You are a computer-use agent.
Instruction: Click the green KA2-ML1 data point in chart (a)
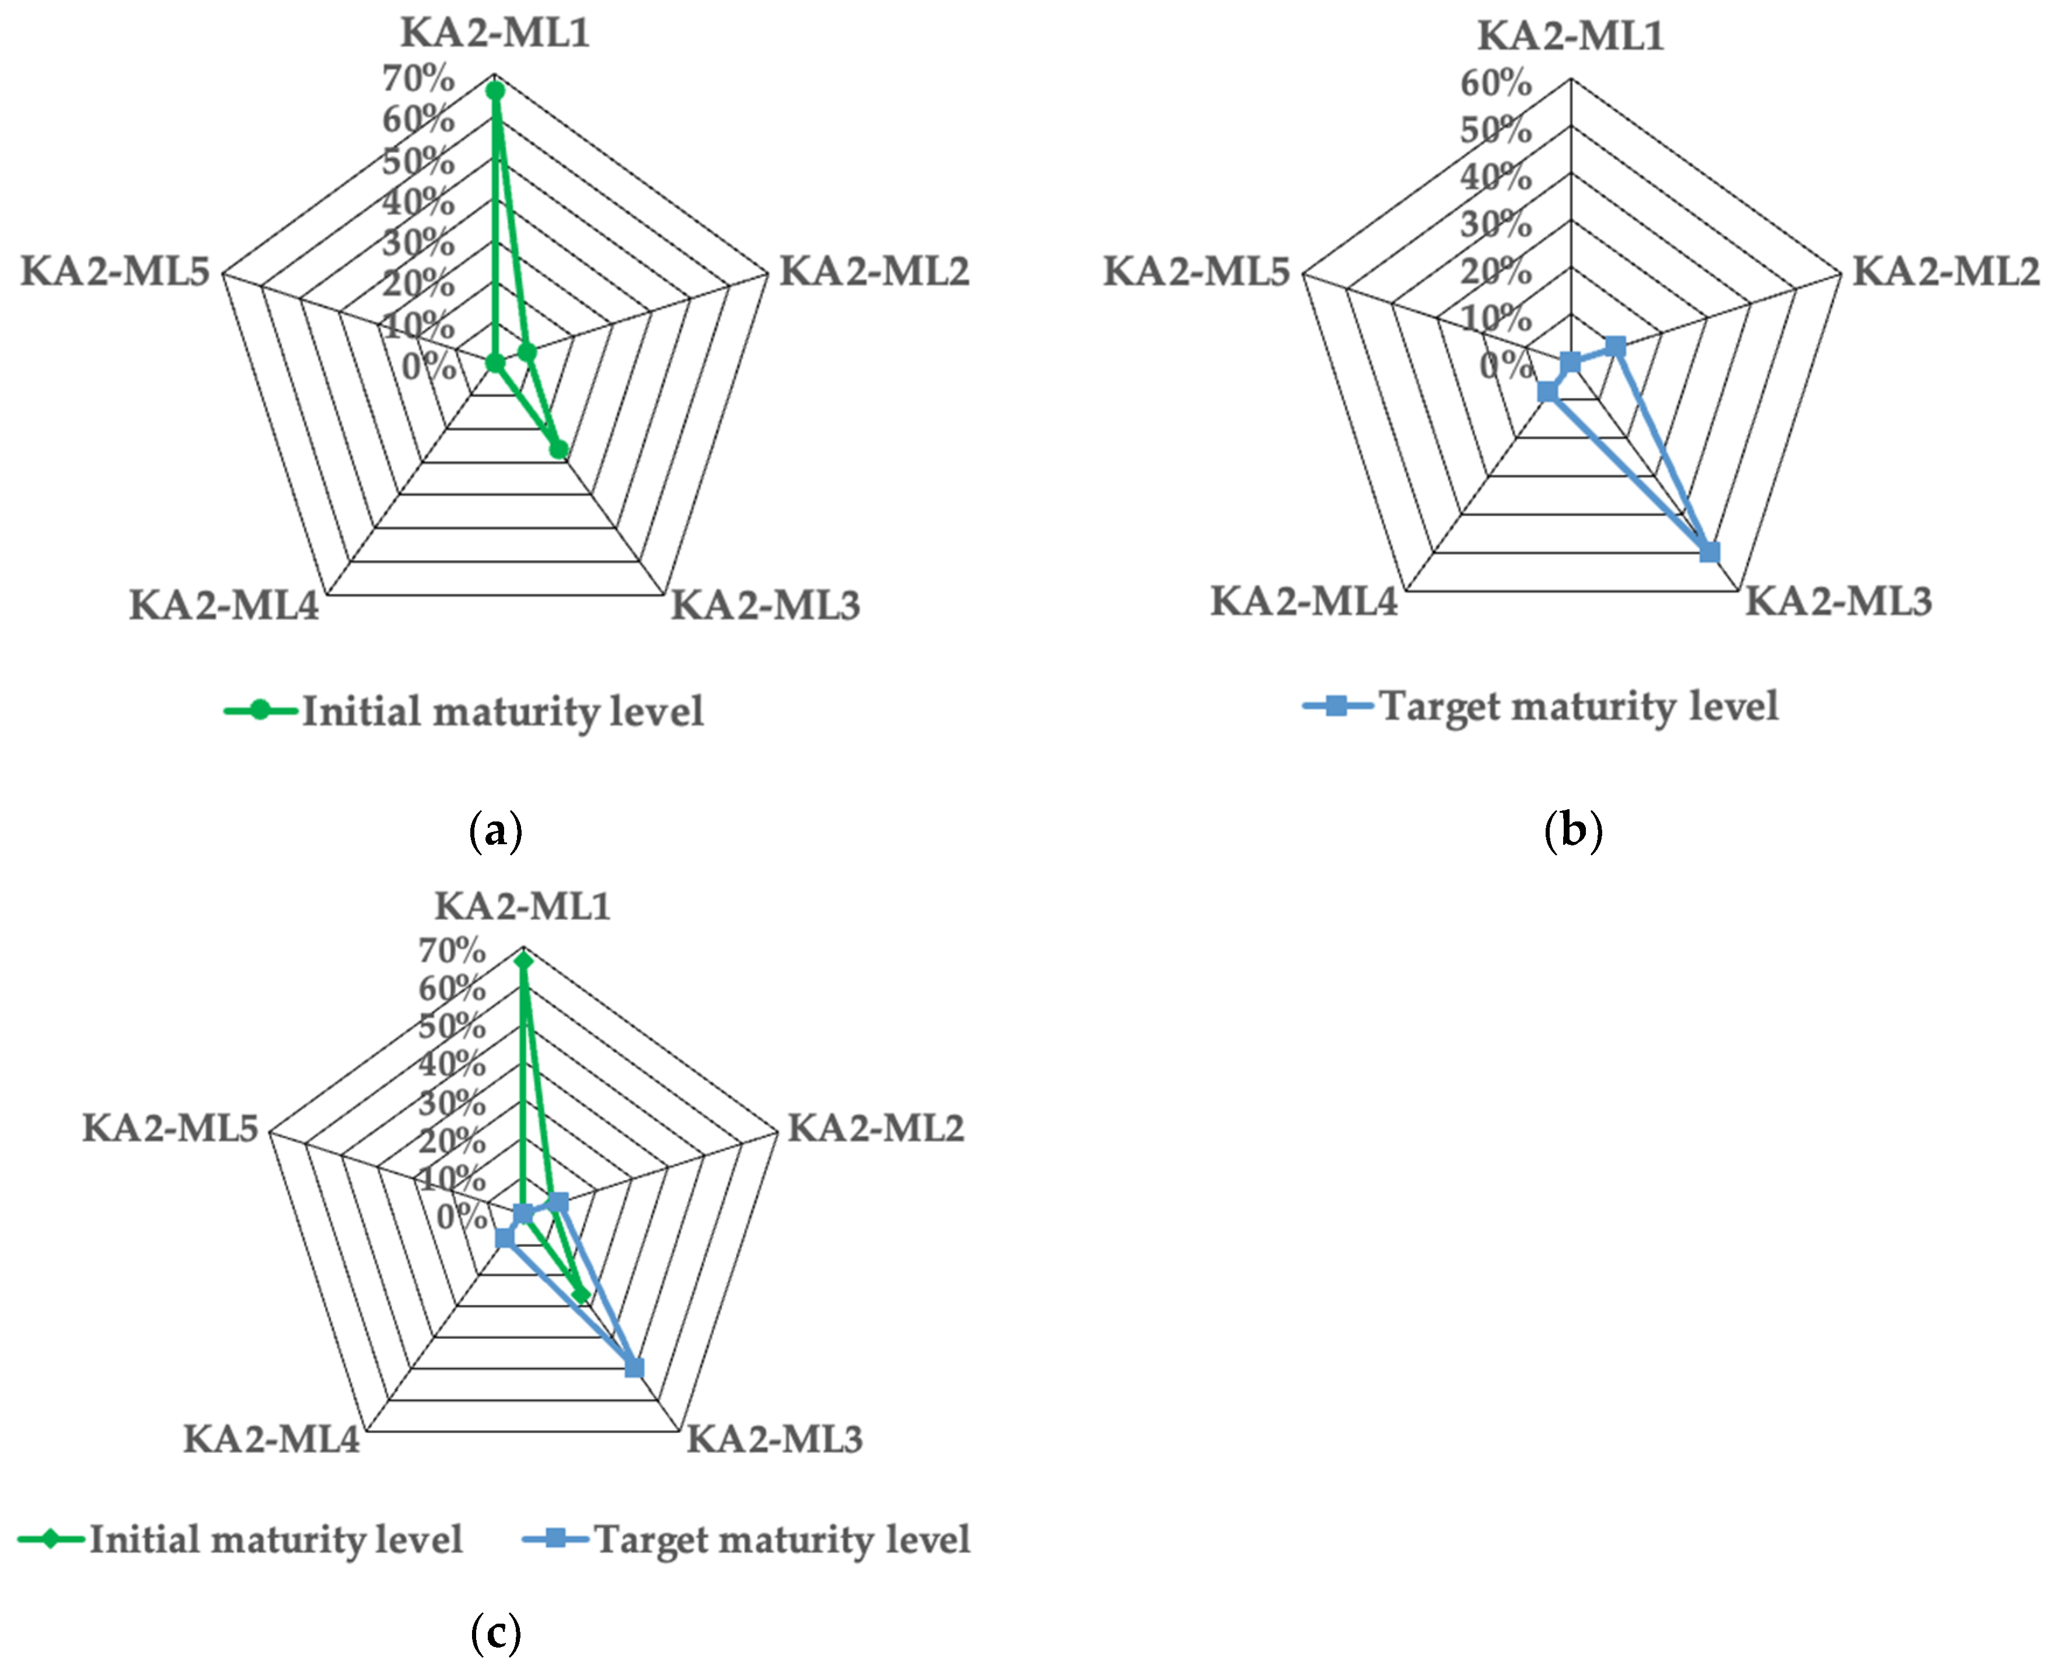495,91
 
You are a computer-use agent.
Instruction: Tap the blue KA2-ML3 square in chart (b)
1709,551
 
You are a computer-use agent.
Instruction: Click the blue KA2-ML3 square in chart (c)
634,1368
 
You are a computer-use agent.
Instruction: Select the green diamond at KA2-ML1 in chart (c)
523,960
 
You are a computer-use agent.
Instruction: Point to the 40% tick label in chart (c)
452,1064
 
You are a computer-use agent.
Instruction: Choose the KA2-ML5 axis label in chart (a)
116,272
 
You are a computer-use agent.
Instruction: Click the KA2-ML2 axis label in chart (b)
1945,272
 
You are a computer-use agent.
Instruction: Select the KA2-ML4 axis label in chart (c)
272,1439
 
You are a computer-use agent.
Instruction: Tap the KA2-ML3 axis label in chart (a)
765,606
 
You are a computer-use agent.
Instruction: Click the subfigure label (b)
1572,829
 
